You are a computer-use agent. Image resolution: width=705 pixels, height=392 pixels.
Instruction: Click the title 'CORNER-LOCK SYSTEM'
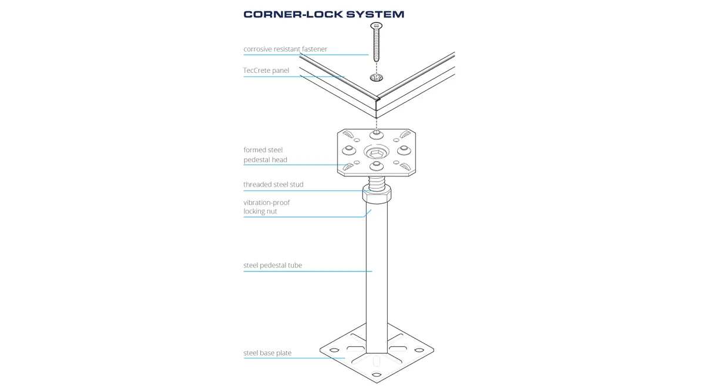coord(324,15)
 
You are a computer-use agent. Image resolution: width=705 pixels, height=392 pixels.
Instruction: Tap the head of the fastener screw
coord(377,26)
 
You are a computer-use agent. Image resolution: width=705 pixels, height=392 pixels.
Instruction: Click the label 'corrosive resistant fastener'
coord(285,49)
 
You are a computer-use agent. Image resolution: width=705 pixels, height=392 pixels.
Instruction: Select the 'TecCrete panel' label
coord(266,71)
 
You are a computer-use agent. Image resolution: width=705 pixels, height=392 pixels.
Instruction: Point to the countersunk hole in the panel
coord(377,78)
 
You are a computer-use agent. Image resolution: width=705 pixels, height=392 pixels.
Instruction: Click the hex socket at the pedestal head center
coord(377,153)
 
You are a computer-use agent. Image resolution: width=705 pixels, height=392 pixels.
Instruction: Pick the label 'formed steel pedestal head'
coord(265,155)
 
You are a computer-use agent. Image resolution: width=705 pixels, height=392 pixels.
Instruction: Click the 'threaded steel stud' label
coord(273,185)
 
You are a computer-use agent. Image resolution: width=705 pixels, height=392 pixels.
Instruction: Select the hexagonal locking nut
coord(377,195)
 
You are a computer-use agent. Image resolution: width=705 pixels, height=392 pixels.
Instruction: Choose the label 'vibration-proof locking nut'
coord(266,207)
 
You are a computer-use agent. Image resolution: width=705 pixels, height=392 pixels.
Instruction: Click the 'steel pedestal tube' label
coord(273,266)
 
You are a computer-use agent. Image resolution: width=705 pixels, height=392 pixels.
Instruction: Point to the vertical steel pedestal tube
coord(377,277)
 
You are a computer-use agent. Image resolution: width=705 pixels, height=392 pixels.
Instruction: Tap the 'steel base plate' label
coord(267,353)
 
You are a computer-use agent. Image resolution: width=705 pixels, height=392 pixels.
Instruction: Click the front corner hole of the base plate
coord(377,375)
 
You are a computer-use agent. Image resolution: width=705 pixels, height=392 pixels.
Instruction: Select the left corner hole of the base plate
coord(334,350)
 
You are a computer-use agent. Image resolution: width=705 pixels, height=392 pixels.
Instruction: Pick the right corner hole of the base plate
coord(419,350)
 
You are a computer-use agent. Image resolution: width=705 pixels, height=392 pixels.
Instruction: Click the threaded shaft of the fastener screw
coord(377,46)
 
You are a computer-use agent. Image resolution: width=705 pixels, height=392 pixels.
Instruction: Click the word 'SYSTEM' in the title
coord(375,15)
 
